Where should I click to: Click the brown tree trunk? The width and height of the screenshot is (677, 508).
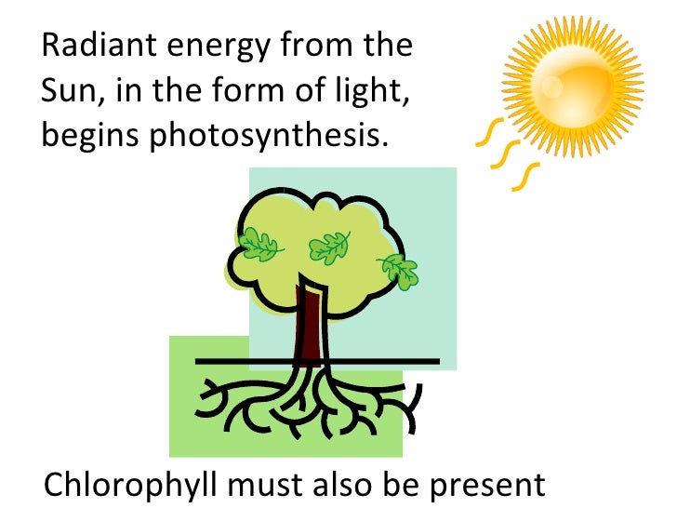[x=308, y=326]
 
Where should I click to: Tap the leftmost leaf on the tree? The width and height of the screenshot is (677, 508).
[x=261, y=246]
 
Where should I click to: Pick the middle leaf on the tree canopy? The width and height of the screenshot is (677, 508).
[x=328, y=247]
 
